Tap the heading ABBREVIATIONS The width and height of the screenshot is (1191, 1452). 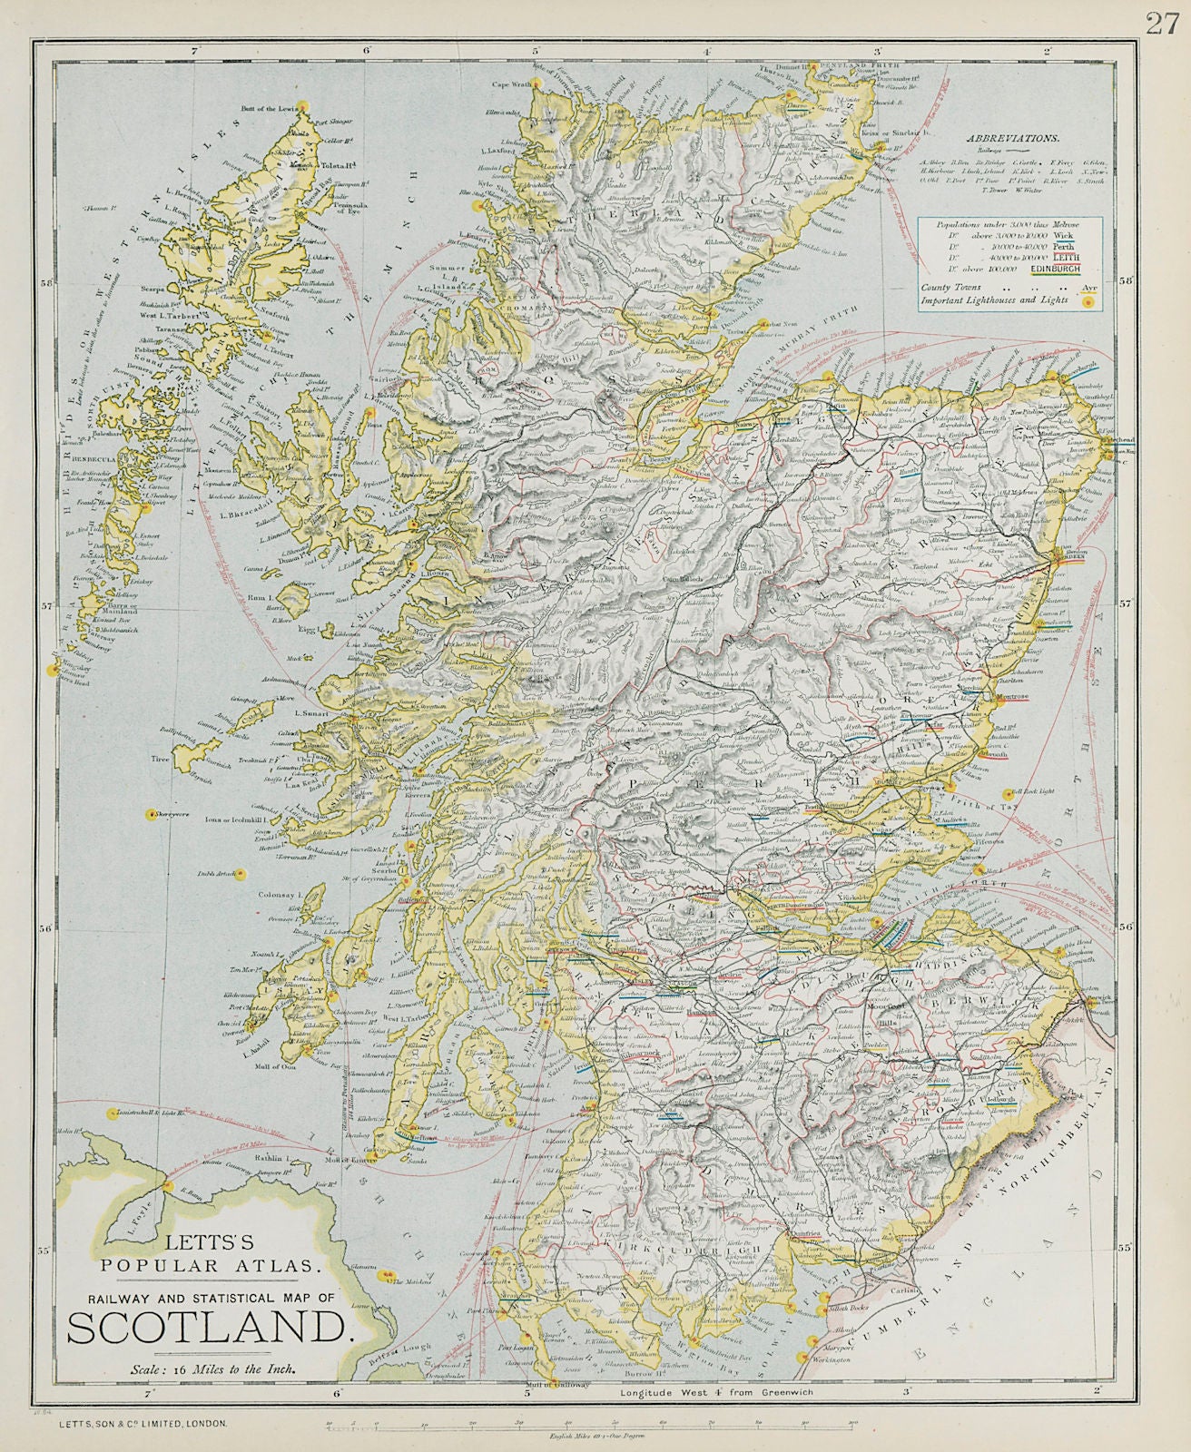(1012, 139)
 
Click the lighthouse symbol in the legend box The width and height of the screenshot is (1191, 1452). (1087, 305)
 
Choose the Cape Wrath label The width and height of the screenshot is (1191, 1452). (511, 87)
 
